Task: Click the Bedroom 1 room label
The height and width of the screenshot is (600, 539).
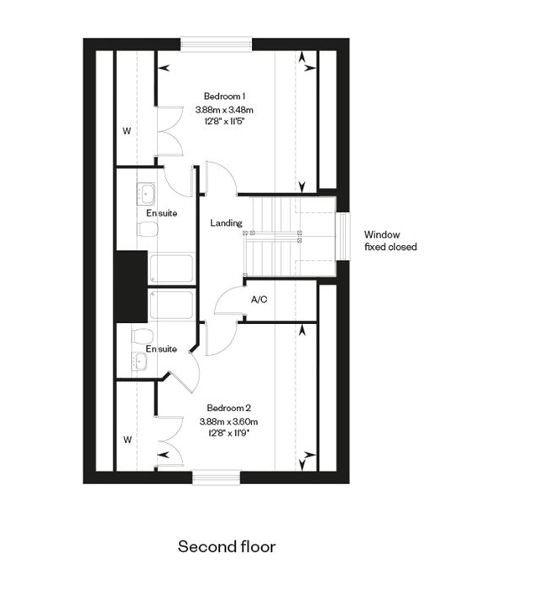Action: [x=224, y=96]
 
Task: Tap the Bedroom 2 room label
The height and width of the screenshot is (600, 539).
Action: [x=229, y=408]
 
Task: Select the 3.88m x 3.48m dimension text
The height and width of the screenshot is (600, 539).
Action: [x=224, y=110]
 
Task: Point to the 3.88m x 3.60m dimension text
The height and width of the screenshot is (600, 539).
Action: [x=228, y=422]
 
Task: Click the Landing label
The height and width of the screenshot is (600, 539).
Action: [x=226, y=222]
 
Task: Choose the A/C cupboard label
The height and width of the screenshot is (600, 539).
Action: [x=259, y=300]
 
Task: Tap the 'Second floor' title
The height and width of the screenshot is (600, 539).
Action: [x=227, y=546]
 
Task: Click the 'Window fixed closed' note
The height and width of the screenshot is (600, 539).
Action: [x=390, y=241]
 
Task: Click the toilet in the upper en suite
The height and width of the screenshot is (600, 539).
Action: [x=148, y=229]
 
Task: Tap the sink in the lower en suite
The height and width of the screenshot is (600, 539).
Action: [x=139, y=361]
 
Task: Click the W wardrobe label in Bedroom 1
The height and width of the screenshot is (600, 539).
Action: [x=127, y=131]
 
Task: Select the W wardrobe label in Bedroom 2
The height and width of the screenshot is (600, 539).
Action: [x=128, y=440]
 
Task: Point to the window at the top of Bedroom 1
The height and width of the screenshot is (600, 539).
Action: [x=217, y=43]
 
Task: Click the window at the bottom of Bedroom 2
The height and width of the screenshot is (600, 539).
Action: [x=217, y=477]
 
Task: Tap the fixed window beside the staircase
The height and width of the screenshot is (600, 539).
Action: [x=343, y=237]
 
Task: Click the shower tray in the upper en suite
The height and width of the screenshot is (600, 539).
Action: [x=171, y=269]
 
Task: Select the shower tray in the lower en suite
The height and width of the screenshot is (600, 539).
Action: [x=171, y=305]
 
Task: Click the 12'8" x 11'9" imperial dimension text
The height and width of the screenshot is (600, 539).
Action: [x=229, y=433]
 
